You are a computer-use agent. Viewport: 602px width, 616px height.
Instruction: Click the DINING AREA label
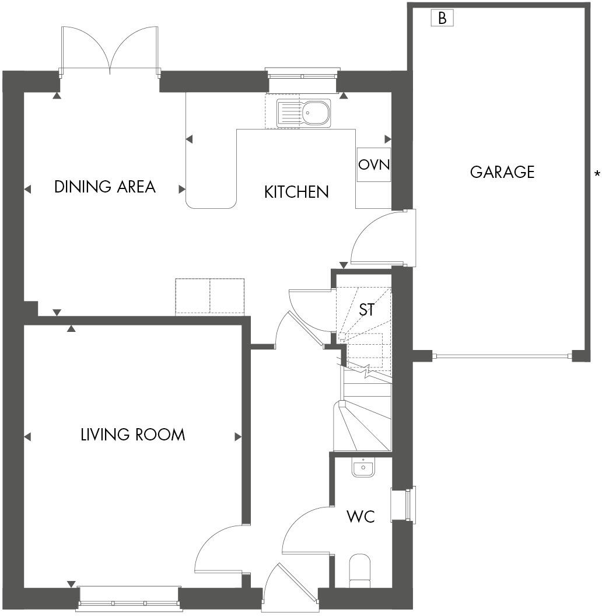click(x=105, y=187)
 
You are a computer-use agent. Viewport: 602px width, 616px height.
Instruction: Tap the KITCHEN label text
click(x=296, y=191)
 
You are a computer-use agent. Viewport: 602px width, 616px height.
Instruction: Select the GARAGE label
click(x=502, y=172)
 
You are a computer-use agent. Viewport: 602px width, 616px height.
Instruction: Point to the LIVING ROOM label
click(x=132, y=435)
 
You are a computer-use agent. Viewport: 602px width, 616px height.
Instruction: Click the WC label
click(x=360, y=516)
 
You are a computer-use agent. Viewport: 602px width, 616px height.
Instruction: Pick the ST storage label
click(x=366, y=310)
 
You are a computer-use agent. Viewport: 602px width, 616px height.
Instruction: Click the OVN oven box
click(x=373, y=164)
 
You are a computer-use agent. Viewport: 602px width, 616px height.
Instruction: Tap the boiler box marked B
click(x=442, y=18)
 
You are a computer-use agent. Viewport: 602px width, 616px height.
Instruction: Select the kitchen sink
click(x=304, y=113)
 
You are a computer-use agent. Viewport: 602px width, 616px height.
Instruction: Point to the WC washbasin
click(x=363, y=467)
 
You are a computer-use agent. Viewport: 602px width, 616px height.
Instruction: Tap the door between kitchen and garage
click(x=379, y=239)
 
